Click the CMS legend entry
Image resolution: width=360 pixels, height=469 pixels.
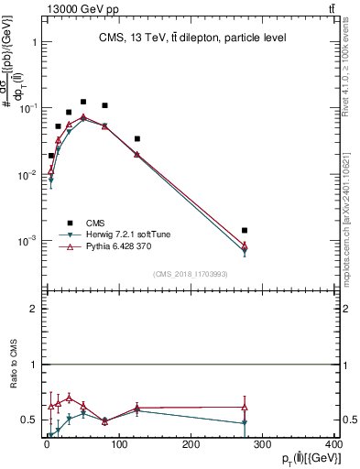coord(95,223)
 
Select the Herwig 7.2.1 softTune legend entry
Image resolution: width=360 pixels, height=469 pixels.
coord(124,234)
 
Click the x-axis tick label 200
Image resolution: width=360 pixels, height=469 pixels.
coord(191,443)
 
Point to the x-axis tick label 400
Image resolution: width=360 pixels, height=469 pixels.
coord(333,443)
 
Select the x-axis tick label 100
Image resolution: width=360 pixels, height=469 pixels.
coord(119,443)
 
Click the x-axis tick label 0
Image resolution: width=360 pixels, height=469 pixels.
coord(47,443)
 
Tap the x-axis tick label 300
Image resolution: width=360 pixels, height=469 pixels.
coord(263,443)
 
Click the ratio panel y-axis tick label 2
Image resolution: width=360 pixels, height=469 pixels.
coord(32,309)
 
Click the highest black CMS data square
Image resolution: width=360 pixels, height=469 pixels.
coord(83,102)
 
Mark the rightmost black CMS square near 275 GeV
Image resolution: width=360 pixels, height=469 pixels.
coord(245,231)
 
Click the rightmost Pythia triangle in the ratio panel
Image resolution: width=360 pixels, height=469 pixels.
coord(245,407)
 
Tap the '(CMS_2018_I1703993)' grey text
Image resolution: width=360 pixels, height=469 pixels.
coord(191,273)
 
